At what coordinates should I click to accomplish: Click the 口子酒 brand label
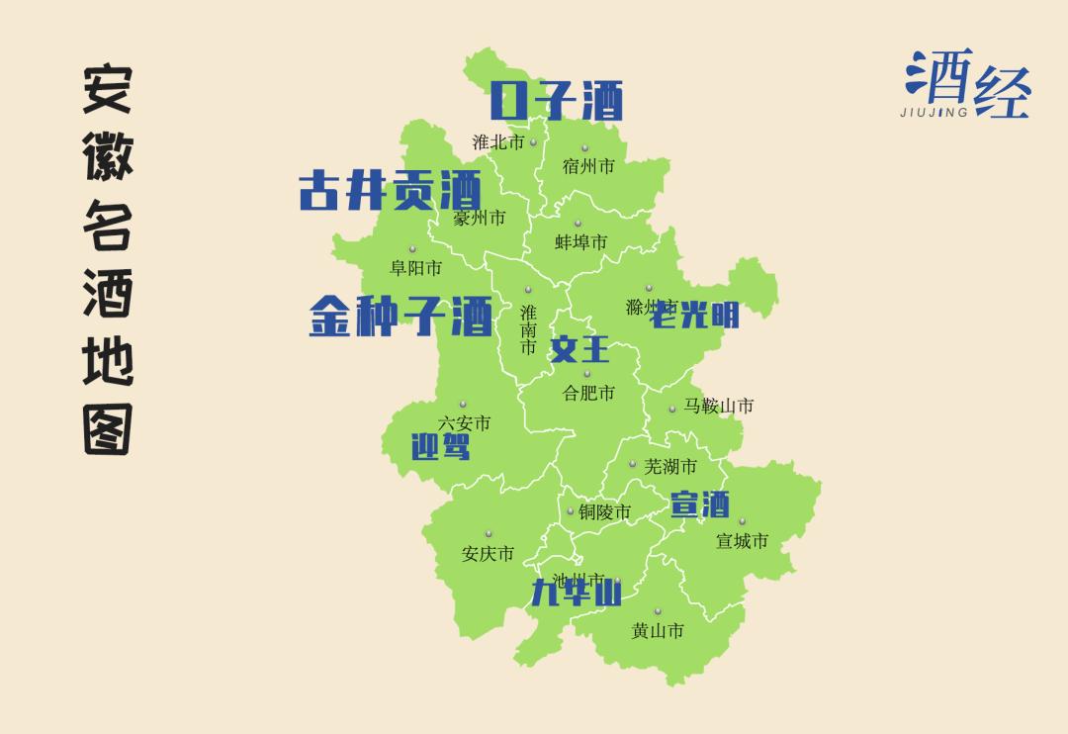pyautogui.click(x=557, y=101)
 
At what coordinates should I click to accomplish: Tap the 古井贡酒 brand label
pyautogui.click(x=390, y=190)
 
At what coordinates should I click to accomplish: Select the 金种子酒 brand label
pyautogui.click(x=400, y=316)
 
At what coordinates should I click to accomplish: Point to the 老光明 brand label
pyautogui.click(x=698, y=314)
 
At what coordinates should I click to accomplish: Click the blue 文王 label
pyautogui.click(x=580, y=349)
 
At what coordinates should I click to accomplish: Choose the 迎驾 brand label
pyautogui.click(x=440, y=447)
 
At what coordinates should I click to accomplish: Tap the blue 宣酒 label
pyautogui.click(x=700, y=505)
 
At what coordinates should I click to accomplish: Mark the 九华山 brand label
pyautogui.click(x=576, y=593)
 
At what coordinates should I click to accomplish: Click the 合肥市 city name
pyautogui.click(x=588, y=393)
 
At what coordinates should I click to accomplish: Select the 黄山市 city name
pyautogui.click(x=658, y=630)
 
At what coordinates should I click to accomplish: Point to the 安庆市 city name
pyautogui.click(x=488, y=554)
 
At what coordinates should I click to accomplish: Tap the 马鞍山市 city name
pyautogui.click(x=719, y=406)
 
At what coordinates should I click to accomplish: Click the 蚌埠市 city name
pyautogui.click(x=580, y=241)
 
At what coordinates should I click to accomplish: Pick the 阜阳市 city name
pyautogui.click(x=415, y=267)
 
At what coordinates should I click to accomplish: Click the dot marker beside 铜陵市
pyautogui.click(x=571, y=511)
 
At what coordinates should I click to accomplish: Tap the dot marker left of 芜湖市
pyautogui.click(x=633, y=463)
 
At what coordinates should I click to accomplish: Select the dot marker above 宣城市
pyautogui.click(x=742, y=522)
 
